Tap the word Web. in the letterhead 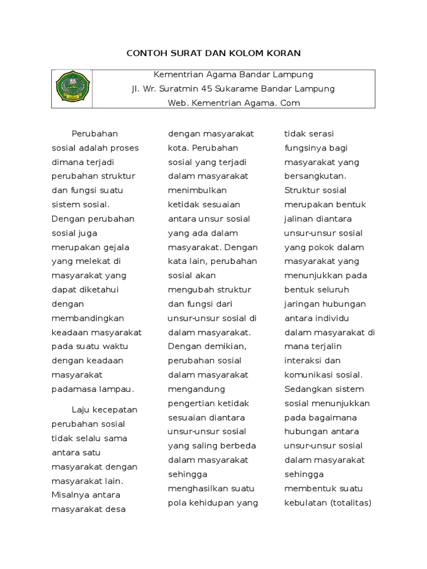pyautogui.click(x=177, y=103)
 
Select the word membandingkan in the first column pyautogui.click(x=88, y=318)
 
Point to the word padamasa pyautogui.click(x=72, y=389)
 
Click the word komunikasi pyautogui.click(x=309, y=375)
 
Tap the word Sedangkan pyautogui.click(x=307, y=389)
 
